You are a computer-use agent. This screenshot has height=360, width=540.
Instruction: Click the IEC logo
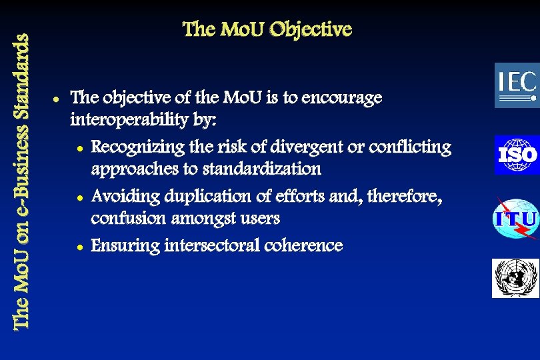click(516, 85)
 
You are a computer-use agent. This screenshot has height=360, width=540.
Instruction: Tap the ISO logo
click(516, 155)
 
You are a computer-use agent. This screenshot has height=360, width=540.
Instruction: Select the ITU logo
click(515, 219)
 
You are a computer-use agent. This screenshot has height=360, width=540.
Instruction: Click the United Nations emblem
click(515, 277)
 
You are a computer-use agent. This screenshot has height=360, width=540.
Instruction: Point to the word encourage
click(342, 98)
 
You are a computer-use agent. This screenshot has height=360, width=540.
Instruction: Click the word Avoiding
click(123, 196)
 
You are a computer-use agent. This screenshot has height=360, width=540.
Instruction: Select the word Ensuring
click(125, 246)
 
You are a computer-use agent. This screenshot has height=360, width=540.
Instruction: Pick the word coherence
click(303, 245)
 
